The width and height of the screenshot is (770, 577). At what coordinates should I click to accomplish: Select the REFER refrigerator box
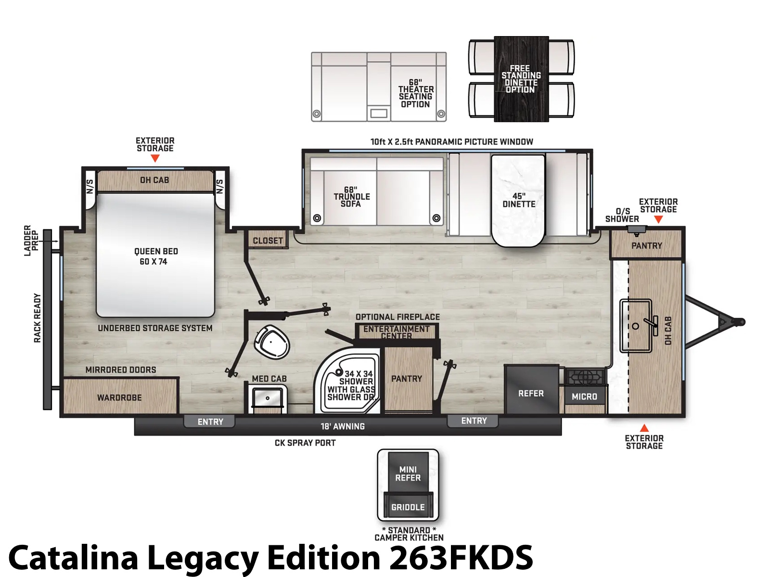click(x=531, y=389)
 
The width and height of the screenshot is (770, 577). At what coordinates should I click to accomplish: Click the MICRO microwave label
click(x=584, y=397)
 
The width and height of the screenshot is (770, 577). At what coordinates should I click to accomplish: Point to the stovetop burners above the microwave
click(x=585, y=376)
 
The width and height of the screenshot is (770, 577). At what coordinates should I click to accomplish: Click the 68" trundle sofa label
click(x=351, y=197)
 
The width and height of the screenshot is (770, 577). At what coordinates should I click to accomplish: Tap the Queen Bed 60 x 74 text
click(x=156, y=256)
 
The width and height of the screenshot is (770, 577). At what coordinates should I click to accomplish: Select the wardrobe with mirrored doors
click(x=120, y=396)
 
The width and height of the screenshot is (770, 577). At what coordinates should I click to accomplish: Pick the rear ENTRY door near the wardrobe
click(x=210, y=422)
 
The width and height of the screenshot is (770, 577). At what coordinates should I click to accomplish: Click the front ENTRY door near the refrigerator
click(x=474, y=421)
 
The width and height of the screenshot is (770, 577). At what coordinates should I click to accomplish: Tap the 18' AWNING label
click(x=343, y=426)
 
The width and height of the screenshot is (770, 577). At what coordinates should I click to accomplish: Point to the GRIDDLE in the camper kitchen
click(x=408, y=506)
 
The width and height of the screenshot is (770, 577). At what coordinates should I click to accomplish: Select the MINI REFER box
click(x=408, y=473)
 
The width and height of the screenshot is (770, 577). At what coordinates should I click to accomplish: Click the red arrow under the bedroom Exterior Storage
click(x=154, y=158)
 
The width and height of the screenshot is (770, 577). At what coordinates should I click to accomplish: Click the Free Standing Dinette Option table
click(x=521, y=79)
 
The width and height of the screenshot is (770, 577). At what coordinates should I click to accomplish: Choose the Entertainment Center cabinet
click(x=397, y=331)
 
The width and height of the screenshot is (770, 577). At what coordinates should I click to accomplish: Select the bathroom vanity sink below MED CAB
click(x=268, y=398)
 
